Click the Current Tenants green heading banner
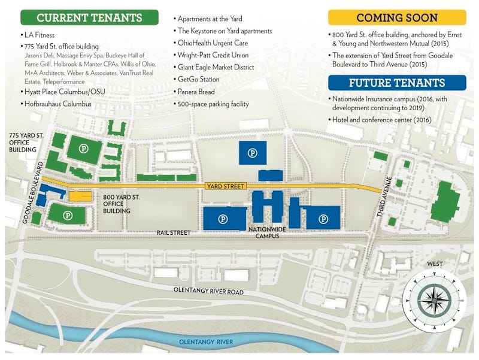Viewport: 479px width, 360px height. pyautogui.click(x=89, y=17)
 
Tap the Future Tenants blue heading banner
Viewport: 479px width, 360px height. pyautogui.click(x=397, y=82)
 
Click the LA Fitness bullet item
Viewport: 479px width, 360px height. pyautogui.click(x=40, y=35)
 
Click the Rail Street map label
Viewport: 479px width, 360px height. pyautogui.click(x=174, y=232)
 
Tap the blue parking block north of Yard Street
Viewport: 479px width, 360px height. pyautogui.click(x=253, y=153)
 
